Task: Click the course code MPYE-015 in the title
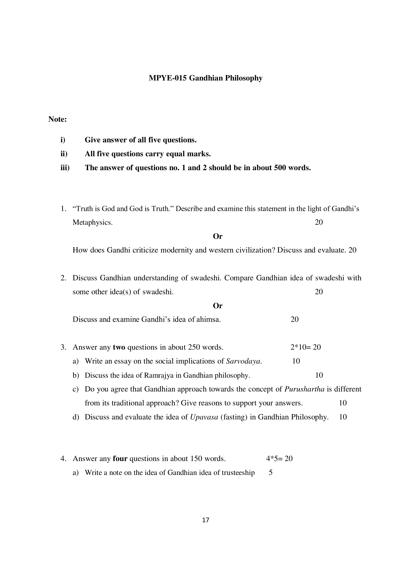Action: point(168,78)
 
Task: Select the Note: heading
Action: point(57,119)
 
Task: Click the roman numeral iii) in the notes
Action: point(65,168)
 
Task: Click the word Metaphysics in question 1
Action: point(92,222)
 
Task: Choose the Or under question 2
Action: point(218,306)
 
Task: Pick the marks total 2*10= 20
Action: point(306,347)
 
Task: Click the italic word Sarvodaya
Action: point(243,361)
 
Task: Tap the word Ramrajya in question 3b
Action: point(159,375)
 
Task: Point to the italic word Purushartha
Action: point(304,389)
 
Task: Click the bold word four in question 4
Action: point(120,459)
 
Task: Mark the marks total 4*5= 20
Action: point(279,459)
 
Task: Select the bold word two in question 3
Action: point(119,347)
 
